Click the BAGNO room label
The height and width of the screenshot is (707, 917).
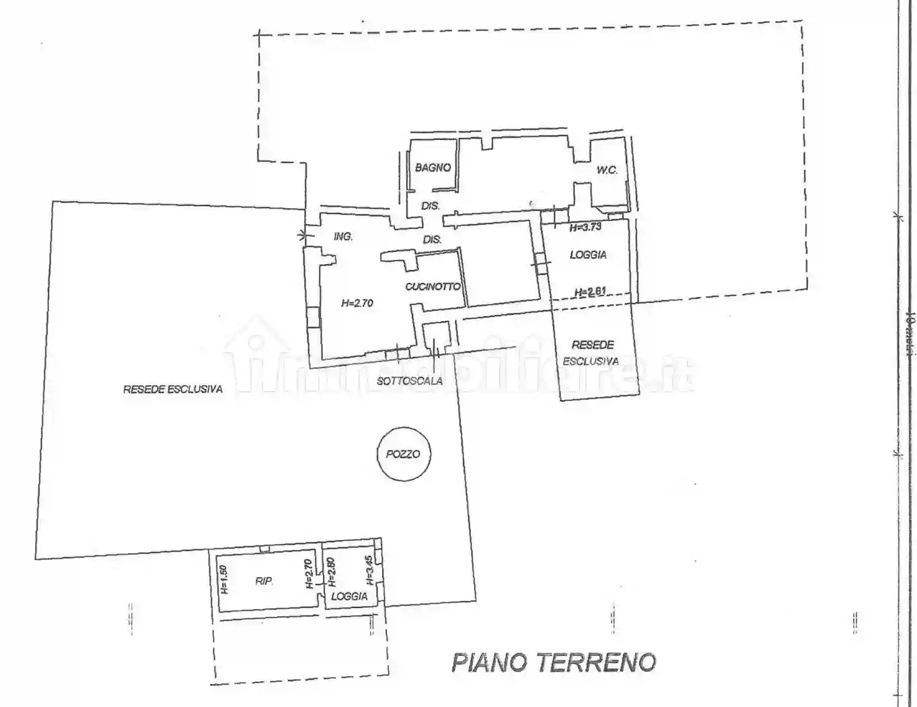point(433,168)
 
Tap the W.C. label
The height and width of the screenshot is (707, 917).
point(607,170)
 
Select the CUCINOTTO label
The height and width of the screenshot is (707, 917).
point(433,287)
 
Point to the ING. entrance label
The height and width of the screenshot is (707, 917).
point(343,237)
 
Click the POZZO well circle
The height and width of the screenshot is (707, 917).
point(403,454)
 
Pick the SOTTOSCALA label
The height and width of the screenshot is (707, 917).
point(410,381)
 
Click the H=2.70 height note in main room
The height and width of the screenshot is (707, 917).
point(357,303)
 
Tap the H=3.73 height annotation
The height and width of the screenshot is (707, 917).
point(585,228)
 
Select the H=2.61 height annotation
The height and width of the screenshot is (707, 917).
point(590,292)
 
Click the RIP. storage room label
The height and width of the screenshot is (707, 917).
point(264,581)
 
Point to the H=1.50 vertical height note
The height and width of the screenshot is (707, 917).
point(225,580)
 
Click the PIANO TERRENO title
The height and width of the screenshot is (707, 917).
point(553,662)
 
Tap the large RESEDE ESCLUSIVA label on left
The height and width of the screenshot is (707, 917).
point(173,389)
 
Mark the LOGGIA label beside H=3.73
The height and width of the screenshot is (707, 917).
point(588,255)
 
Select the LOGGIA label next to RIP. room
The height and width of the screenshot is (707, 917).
point(349,596)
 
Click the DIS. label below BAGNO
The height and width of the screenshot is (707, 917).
point(430,206)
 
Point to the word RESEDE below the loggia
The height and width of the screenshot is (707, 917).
point(593,345)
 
